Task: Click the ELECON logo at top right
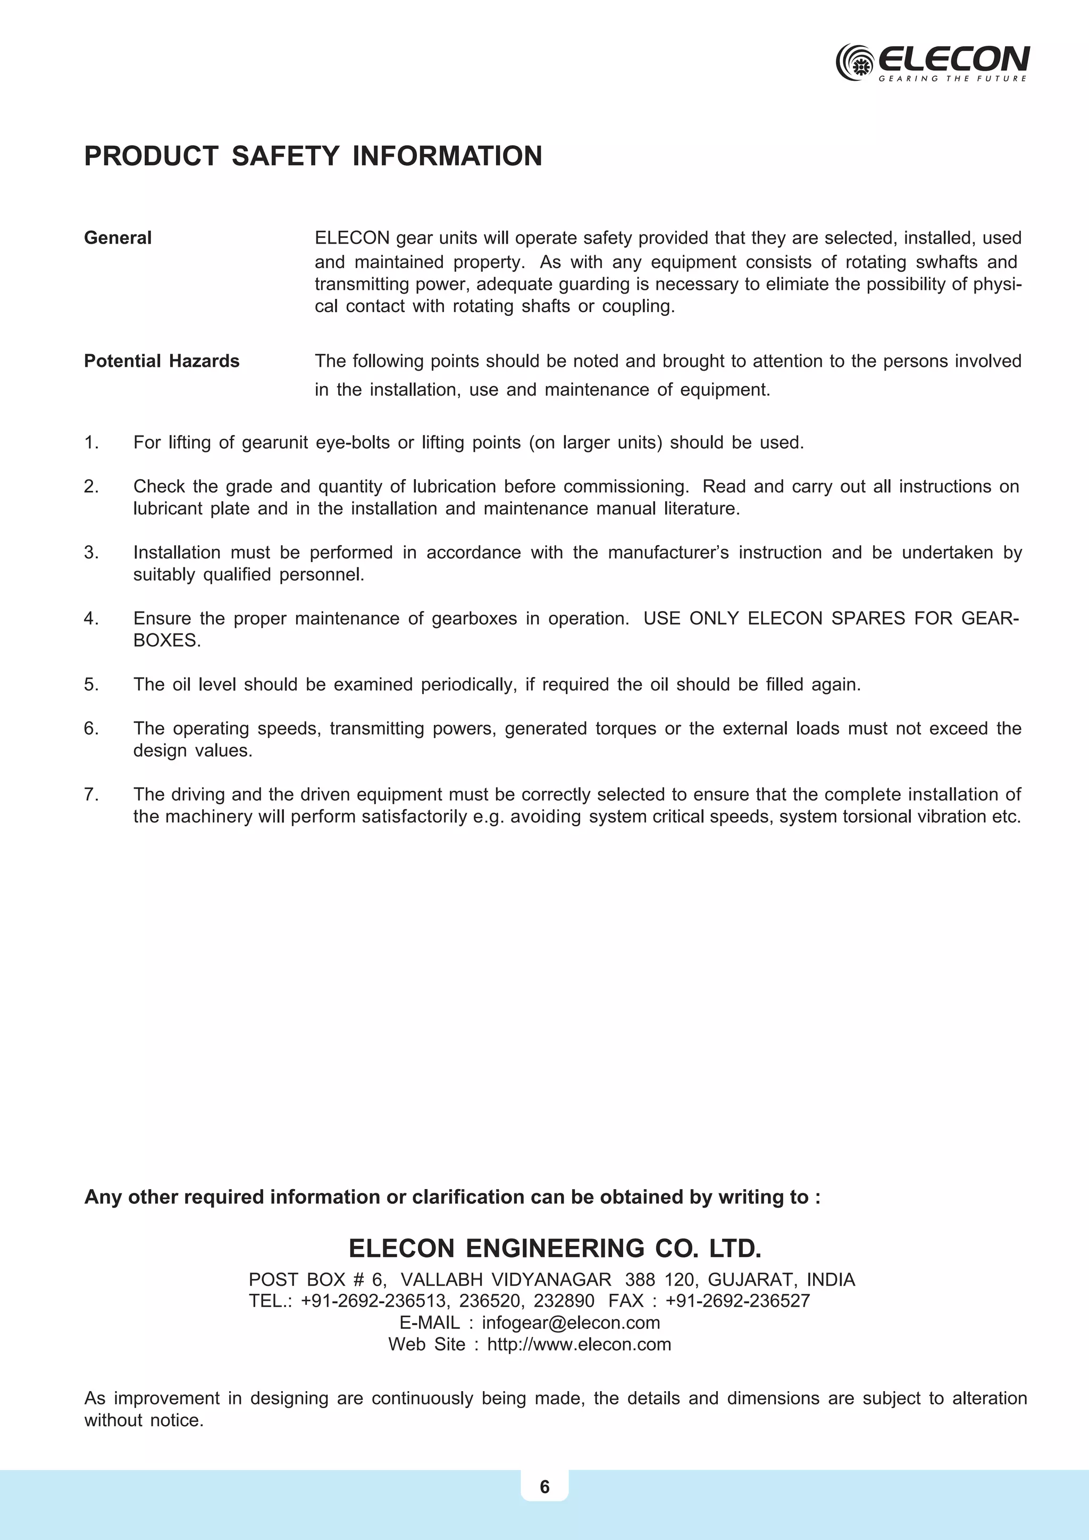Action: pos(932,62)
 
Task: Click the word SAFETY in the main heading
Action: pos(285,156)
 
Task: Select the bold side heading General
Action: pos(118,238)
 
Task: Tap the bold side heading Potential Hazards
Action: pos(161,362)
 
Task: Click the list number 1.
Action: pos(91,442)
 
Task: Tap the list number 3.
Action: pos(91,553)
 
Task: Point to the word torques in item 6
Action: pos(625,729)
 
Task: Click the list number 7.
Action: pos(91,795)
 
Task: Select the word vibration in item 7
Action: pos(950,817)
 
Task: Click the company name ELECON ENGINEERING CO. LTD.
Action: pos(555,1249)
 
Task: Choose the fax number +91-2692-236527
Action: pos(737,1301)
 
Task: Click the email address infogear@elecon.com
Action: pos(571,1323)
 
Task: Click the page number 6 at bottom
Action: pos(544,1487)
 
